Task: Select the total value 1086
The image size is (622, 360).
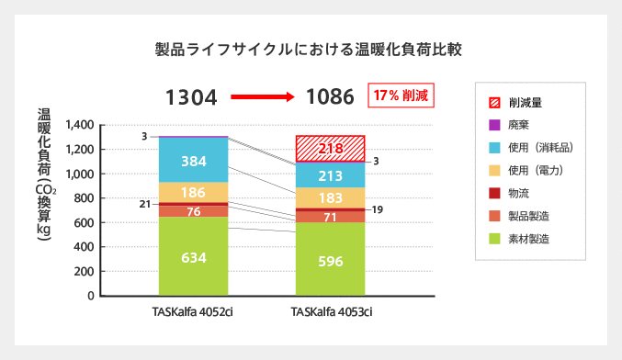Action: [x=330, y=96]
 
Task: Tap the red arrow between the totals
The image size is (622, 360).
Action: [x=260, y=96]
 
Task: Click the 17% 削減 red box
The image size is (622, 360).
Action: [x=400, y=96]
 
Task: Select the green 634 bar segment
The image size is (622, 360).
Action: [x=193, y=257]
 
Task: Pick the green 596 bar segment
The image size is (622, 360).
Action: [x=330, y=260]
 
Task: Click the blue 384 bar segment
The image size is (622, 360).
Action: [x=193, y=161]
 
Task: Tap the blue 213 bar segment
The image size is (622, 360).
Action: [x=330, y=175]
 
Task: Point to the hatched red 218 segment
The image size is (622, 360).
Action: [x=330, y=149]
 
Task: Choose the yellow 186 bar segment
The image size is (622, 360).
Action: [x=193, y=193]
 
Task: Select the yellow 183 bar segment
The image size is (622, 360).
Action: [x=330, y=198]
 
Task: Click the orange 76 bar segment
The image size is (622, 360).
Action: [x=193, y=212]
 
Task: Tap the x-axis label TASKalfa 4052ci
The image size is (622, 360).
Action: [x=193, y=312]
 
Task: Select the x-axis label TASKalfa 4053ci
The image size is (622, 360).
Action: [x=331, y=312]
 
